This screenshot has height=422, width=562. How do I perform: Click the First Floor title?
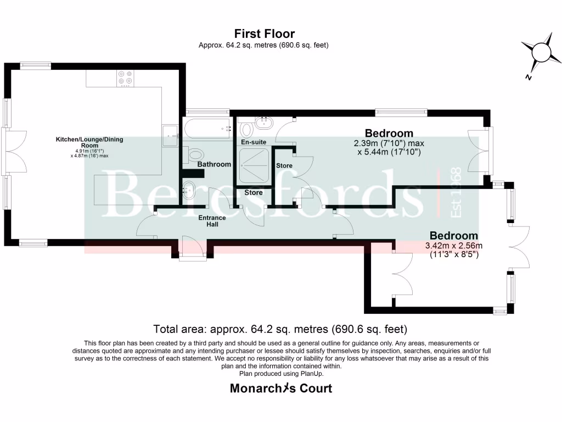(x=265, y=34)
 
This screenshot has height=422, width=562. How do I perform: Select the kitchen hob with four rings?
(x=126, y=78)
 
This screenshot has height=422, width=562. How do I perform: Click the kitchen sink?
(x=170, y=135)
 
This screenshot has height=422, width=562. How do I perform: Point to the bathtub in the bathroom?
(x=207, y=129)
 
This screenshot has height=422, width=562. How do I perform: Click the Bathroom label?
(x=214, y=164)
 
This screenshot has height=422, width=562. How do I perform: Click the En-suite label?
(x=254, y=142)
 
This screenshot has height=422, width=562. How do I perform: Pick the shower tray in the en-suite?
(x=254, y=165)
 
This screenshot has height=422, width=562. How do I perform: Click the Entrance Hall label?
(x=212, y=221)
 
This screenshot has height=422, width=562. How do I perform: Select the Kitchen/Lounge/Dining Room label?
(x=89, y=142)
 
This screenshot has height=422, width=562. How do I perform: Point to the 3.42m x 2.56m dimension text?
(x=454, y=246)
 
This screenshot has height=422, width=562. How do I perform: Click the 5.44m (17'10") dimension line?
(x=389, y=152)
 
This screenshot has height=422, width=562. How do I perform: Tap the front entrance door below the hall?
(x=193, y=246)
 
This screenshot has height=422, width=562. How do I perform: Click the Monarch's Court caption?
(x=281, y=388)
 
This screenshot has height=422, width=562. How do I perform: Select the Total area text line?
(x=280, y=329)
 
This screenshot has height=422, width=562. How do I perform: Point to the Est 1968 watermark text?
(x=456, y=192)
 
